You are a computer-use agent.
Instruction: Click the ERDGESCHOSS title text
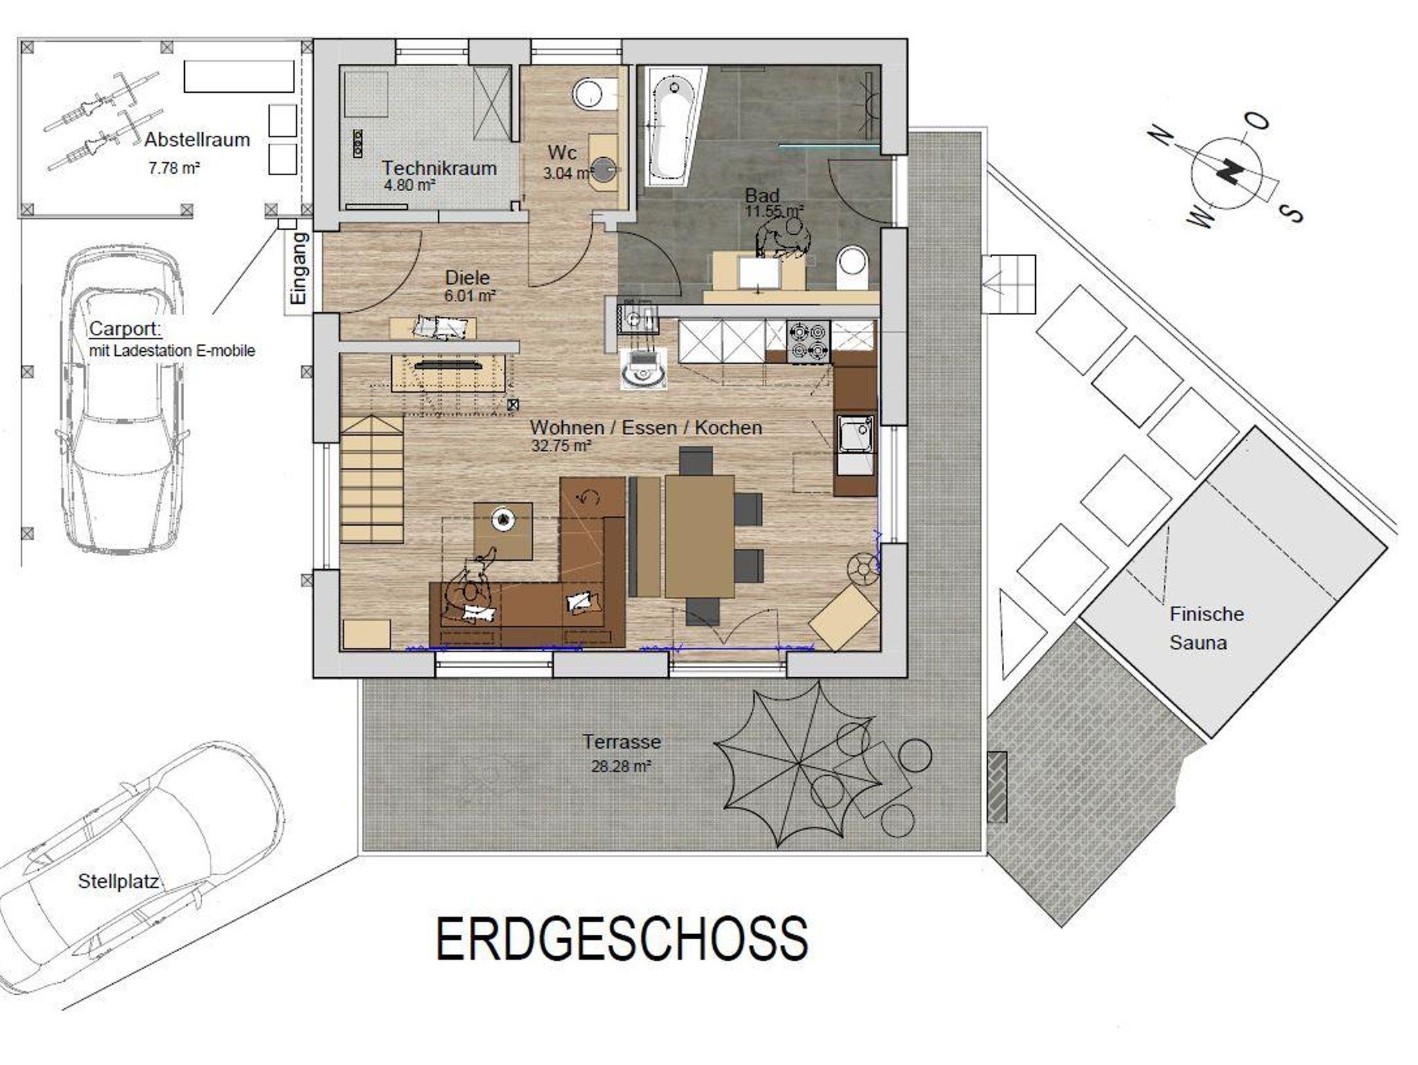click(x=622, y=938)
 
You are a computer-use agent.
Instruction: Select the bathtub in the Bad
click(x=670, y=128)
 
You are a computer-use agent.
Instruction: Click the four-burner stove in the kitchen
click(x=809, y=341)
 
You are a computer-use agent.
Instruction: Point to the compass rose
click(x=1226, y=172)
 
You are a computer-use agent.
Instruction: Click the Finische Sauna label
click(x=1207, y=628)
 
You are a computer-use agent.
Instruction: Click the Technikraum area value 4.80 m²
click(x=410, y=185)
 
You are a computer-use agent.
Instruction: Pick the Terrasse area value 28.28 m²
click(x=621, y=767)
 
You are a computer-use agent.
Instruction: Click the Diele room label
click(x=467, y=278)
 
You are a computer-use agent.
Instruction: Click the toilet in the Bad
click(x=852, y=267)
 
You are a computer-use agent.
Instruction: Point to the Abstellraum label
click(x=197, y=140)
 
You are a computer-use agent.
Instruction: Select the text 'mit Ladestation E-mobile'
click(x=172, y=351)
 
